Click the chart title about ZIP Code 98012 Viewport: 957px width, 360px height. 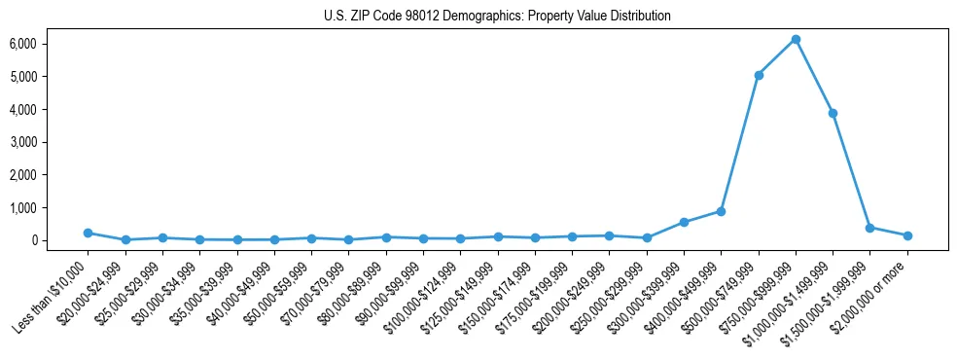click(x=497, y=16)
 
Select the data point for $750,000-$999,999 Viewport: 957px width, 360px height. click(x=796, y=40)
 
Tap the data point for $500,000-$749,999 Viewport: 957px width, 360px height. click(x=759, y=75)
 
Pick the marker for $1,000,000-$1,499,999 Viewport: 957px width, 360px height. click(x=833, y=113)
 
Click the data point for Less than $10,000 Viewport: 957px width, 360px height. click(x=88, y=233)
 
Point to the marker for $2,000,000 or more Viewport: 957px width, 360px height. click(x=907, y=235)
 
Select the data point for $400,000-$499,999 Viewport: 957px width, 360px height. click(x=721, y=211)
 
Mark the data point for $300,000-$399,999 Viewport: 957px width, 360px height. click(x=684, y=222)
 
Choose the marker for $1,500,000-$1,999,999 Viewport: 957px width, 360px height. click(x=870, y=228)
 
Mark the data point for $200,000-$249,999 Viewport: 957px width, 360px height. click(x=609, y=235)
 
